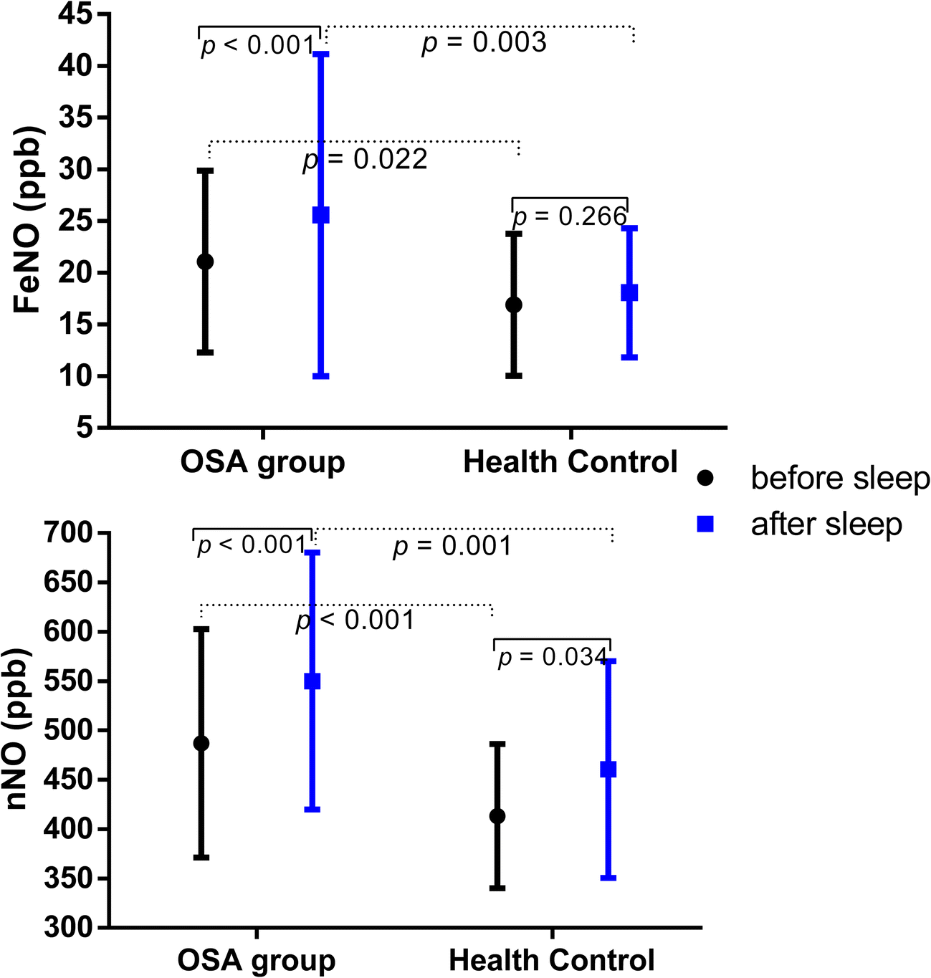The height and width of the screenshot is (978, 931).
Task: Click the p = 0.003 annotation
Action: (484, 43)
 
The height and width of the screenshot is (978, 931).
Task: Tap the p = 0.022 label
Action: (366, 159)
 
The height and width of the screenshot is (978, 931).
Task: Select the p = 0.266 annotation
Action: (570, 216)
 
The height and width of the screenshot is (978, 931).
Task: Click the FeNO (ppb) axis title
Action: (29, 221)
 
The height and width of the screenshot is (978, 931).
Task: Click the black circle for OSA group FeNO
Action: (205, 262)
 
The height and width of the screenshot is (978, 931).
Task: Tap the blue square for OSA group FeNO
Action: (320, 215)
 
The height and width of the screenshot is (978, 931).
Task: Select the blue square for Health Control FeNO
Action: (629, 292)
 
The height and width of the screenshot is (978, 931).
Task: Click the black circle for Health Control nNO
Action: (497, 816)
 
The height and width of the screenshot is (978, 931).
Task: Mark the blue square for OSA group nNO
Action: (312, 681)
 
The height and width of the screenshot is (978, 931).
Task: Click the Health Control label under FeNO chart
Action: (570, 462)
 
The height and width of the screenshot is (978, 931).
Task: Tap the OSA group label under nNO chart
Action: (256, 960)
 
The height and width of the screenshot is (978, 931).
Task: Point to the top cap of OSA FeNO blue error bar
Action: (320, 54)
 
